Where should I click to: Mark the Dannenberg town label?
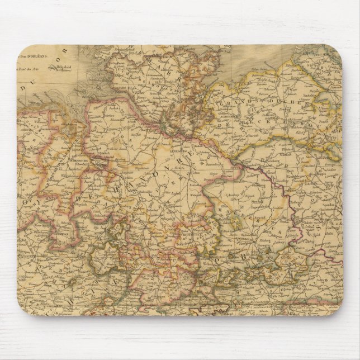pos(201,167)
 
